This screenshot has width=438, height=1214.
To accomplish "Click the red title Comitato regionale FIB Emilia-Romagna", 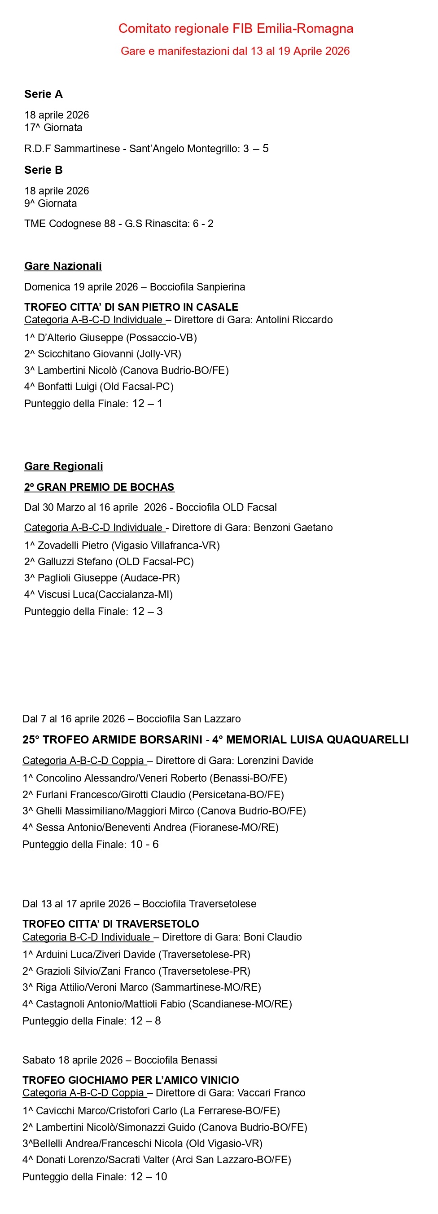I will coord(236,29).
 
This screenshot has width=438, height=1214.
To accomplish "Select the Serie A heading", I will coord(44,94).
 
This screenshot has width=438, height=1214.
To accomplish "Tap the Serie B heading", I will coord(44,170).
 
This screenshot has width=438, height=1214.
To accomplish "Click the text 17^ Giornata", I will coord(53,128).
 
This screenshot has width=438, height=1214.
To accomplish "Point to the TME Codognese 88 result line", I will coord(118,224).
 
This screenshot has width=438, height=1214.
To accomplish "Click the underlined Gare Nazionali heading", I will coord(63,266).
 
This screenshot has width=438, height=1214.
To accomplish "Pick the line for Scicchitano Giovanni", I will coord(103,354).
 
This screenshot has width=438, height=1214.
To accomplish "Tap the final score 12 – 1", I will coord(147,404).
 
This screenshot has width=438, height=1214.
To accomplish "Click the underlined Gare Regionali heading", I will coord(64,466).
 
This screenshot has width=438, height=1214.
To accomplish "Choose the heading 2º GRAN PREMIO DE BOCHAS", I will coord(99,487).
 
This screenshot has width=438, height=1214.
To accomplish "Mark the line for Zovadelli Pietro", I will coord(122,546).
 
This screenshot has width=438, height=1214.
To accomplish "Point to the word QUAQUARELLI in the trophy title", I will coord(368,740).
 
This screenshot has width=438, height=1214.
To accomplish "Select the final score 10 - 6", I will coord(145,845).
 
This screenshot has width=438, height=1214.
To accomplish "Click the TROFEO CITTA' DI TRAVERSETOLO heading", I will coord(111,924).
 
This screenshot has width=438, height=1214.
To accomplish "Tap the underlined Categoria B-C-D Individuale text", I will coord(87,937).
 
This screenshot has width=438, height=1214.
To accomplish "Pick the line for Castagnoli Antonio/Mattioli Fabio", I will coord(158,1004).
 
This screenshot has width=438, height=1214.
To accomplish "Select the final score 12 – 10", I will coord(149,1177).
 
